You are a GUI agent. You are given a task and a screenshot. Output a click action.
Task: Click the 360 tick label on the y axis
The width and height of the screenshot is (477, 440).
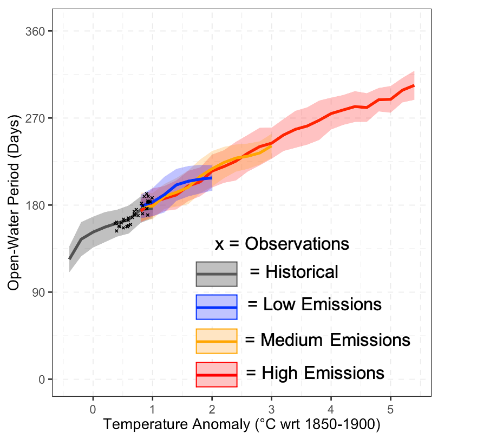point(35,31)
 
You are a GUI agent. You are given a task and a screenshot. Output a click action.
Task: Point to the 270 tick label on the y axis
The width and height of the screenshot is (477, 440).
point(35,118)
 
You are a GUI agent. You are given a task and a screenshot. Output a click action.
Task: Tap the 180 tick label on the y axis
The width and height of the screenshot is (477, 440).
point(35,205)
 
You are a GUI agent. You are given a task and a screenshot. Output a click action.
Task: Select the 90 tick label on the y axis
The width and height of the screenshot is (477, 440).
point(37,292)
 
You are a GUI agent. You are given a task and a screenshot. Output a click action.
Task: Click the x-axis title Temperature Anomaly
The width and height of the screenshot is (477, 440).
point(241,424)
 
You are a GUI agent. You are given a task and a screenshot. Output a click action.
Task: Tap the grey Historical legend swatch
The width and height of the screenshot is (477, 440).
point(217,274)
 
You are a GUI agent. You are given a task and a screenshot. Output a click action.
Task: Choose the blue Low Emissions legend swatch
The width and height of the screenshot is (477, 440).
point(217,307)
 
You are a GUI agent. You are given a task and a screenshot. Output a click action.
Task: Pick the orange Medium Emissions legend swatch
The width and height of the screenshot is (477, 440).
point(217,341)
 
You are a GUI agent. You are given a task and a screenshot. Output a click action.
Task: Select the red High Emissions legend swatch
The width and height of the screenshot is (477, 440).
point(217,375)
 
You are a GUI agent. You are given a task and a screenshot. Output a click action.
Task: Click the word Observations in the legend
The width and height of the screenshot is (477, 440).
point(297,244)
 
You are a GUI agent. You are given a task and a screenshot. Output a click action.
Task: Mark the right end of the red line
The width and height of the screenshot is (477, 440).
point(414,85)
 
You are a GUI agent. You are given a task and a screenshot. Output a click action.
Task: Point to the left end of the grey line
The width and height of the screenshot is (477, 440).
point(69,258)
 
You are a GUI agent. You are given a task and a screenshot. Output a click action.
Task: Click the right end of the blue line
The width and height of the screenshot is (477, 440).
point(212,178)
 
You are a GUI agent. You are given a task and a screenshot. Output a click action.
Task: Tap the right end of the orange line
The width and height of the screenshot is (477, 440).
point(271,144)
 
